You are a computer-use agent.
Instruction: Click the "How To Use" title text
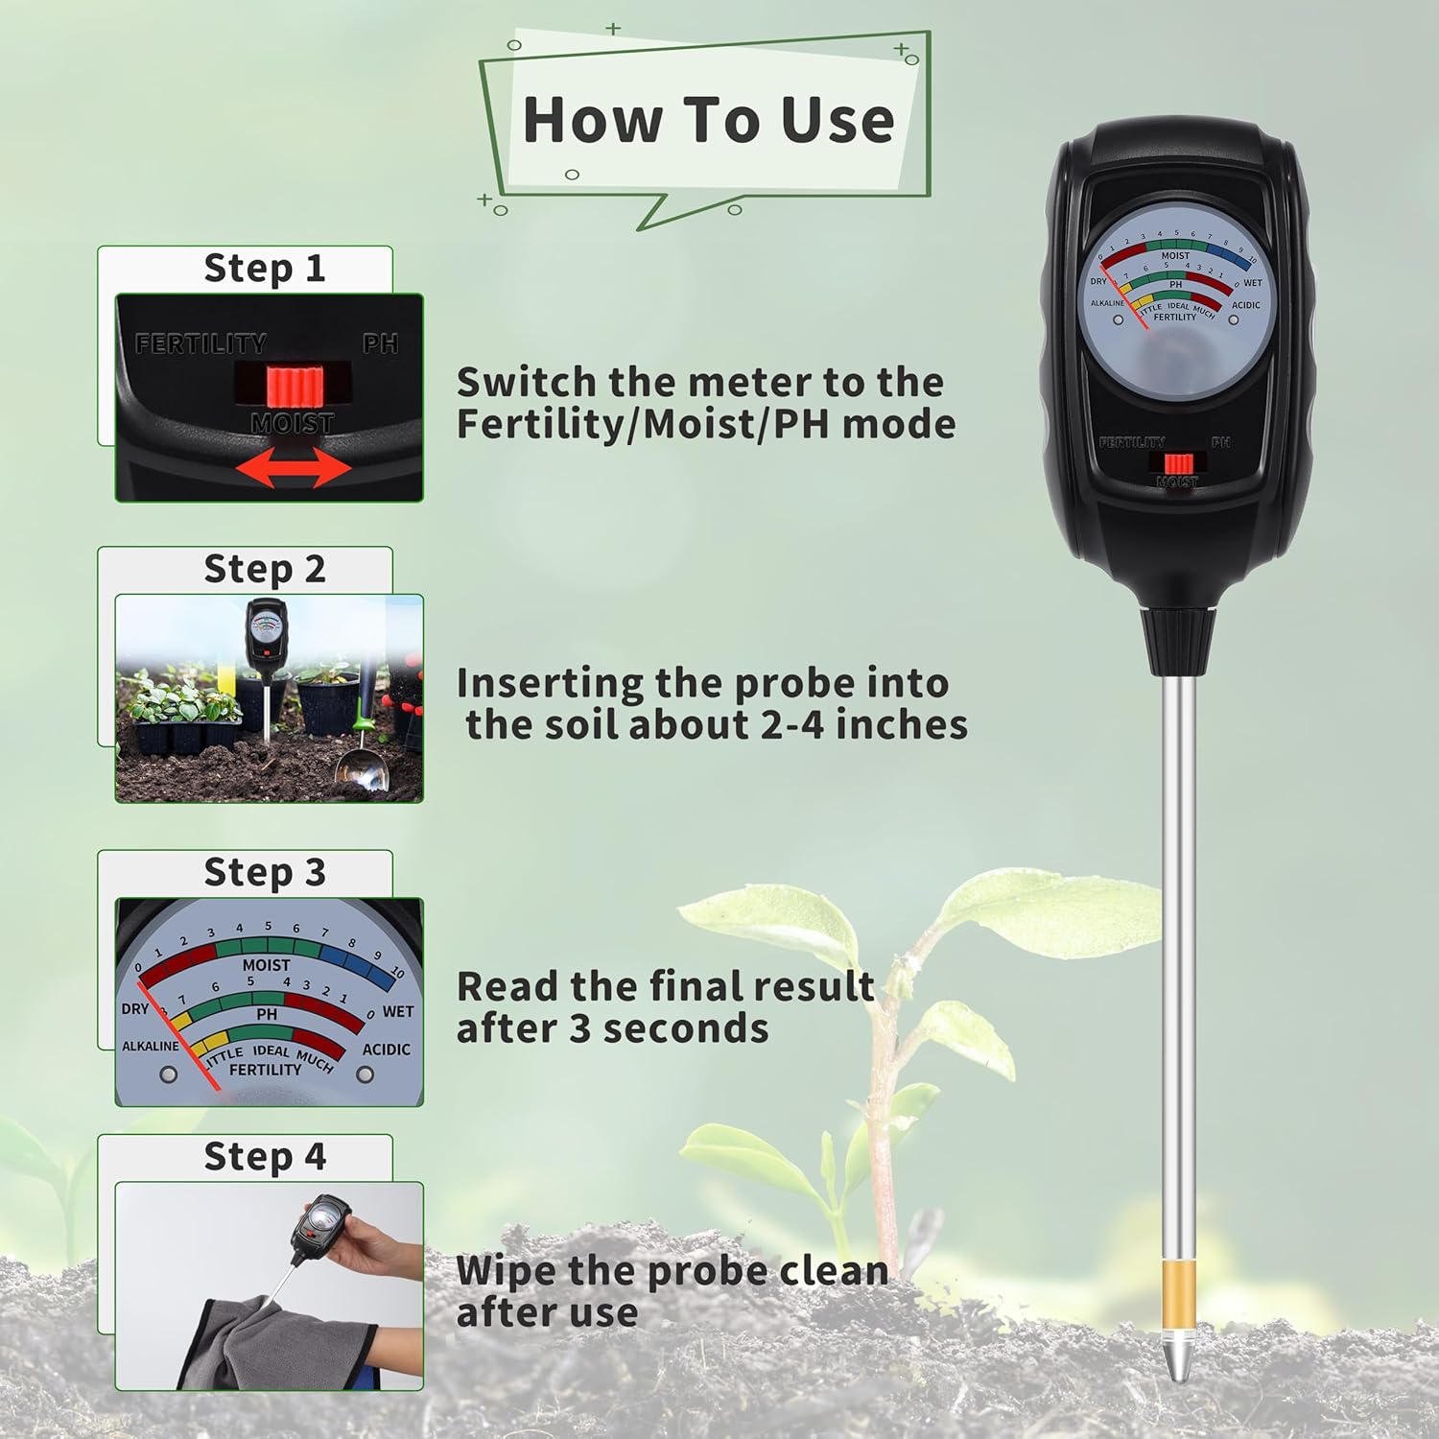tap(708, 120)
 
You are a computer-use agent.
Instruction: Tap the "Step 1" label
tap(265, 269)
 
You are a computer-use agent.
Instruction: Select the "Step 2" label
tap(265, 570)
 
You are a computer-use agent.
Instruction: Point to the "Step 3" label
tap(265, 873)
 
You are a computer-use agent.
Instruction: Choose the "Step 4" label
tap(265, 1157)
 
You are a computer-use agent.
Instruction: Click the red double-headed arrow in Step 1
tap(294, 469)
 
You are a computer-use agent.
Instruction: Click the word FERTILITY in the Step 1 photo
tap(201, 343)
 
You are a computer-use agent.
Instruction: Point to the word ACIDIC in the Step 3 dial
tap(386, 1050)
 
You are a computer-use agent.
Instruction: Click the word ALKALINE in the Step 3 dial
tap(151, 1046)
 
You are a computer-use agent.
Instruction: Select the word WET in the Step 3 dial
tap(398, 1011)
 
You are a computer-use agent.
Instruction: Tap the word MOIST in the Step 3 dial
tap(266, 965)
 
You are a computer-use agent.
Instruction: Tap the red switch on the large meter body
tap(1179, 464)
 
